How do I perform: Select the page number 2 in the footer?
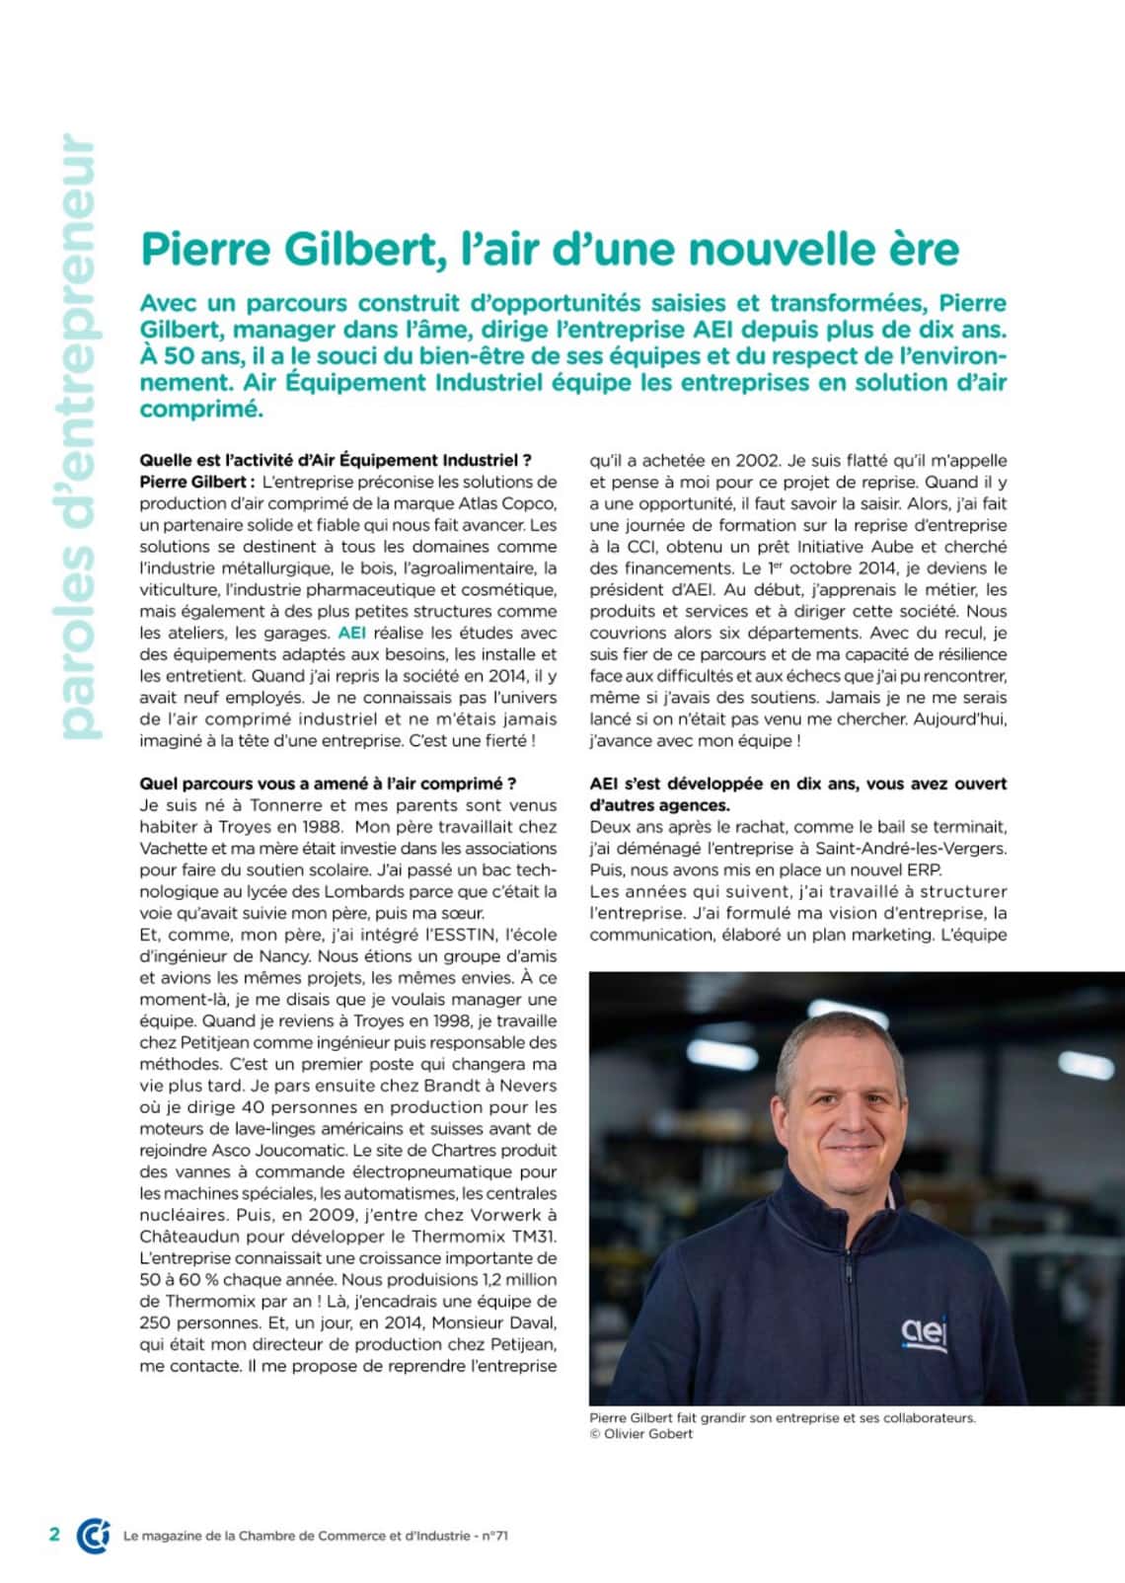54,1534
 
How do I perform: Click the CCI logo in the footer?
93,1535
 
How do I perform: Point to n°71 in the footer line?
494,1536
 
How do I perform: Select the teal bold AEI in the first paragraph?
351,633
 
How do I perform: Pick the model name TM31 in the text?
534,1237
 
